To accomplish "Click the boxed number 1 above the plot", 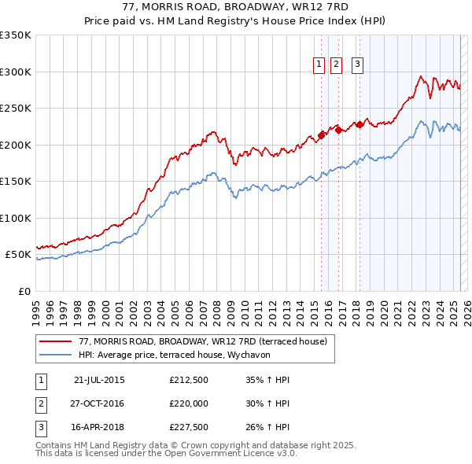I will click(319, 65).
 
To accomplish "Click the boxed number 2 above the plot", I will click(337, 65).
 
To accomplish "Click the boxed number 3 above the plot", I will click(357, 65).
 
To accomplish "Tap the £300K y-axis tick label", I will click(16, 72).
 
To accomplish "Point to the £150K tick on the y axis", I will click(16, 182).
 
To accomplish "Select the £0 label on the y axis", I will click(24, 292).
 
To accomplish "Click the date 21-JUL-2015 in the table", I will click(99, 381).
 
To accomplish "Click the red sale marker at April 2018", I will click(360, 124).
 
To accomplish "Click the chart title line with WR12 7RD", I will click(235, 7).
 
